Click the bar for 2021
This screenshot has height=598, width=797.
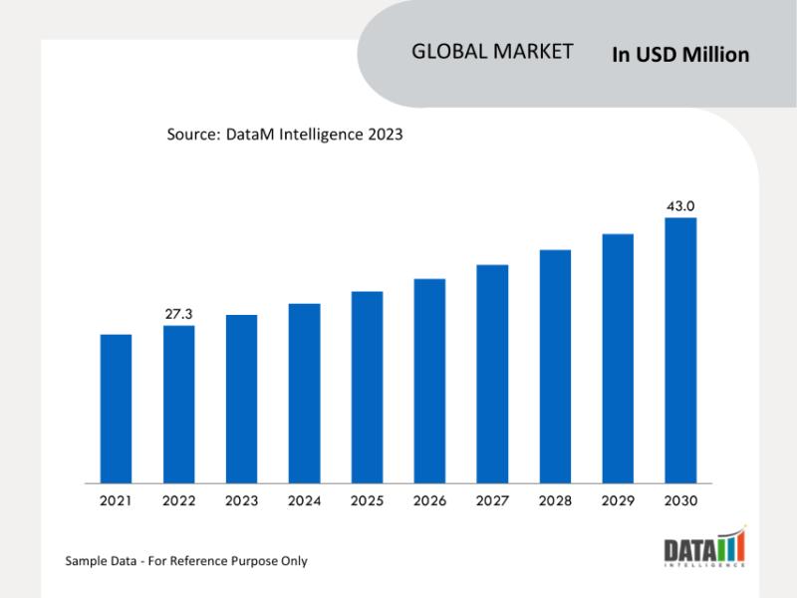[x=116, y=409]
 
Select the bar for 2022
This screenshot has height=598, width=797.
[x=178, y=404]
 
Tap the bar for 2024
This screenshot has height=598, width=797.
[x=304, y=393]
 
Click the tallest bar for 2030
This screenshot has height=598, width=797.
[x=680, y=350]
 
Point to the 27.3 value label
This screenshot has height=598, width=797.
[x=178, y=314]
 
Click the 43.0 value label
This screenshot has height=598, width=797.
[x=680, y=205]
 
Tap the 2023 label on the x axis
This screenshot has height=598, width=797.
[x=241, y=500]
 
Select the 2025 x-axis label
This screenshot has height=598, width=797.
[x=367, y=500]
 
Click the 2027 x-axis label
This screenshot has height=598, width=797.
[x=492, y=500]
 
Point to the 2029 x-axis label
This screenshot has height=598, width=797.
[x=618, y=500]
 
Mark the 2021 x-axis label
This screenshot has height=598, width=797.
[x=116, y=500]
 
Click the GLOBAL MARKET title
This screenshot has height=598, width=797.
[x=492, y=52]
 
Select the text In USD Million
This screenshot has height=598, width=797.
[x=680, y=55]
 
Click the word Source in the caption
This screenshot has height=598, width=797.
[x=189, y=134]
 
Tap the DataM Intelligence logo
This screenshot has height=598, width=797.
[x=703, y=549]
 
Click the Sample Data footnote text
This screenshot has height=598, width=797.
[x=186, y=561]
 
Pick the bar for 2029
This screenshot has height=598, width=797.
[x=618, y=358]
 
